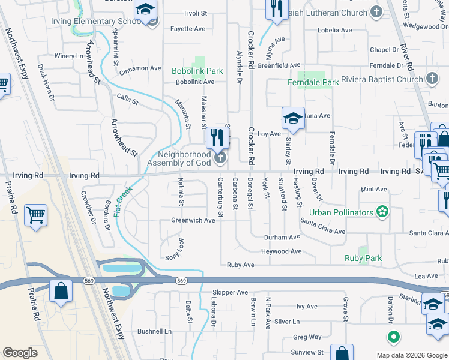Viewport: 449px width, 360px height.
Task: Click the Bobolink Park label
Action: (197, 71)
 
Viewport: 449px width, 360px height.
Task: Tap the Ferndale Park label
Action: (313, 82)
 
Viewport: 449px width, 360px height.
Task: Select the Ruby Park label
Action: (363, 259)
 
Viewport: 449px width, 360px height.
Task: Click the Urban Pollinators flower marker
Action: (381, 212)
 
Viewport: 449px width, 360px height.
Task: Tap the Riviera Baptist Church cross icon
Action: (432, 79)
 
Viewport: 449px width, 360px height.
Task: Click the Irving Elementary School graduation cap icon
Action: (144, 10)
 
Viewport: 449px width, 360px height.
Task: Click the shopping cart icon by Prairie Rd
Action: (35, 214)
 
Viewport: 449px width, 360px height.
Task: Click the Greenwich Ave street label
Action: (193, 220)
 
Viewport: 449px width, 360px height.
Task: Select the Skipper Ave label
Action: (230, 292)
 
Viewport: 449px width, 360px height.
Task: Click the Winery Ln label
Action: (68, 56)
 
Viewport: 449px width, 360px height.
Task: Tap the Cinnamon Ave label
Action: (140, 68)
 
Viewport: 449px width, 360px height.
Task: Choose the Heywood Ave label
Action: (280, 251)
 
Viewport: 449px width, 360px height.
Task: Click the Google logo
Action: (20, 353)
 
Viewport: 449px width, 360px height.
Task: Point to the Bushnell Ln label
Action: (154, 331)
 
